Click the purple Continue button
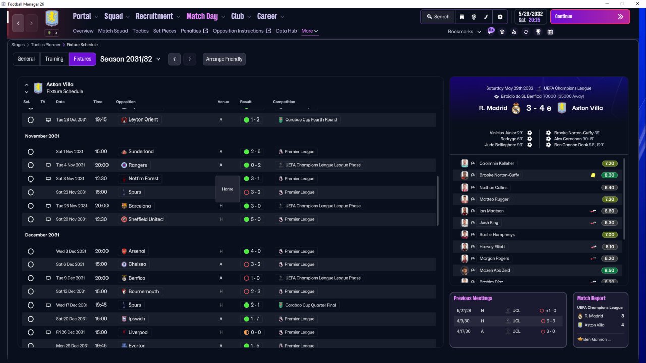[x=590, y=17]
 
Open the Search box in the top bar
[x=438, y=17]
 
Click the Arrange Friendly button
[x=224, y=59]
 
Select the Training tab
[x=54, y=59]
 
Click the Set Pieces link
[x=165, y=31]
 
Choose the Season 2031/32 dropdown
[x=130, y=59]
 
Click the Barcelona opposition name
[x=140, y=206]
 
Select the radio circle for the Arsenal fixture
[x=31, y=251]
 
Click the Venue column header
[x=223, y=102]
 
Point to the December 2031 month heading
[x=42, y=235]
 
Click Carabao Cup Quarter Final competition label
[x=310, y=305]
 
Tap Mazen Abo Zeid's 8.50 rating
[x=609, y=270]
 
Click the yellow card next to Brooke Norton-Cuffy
[x=593, y=175]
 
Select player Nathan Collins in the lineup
[x=493, y=187]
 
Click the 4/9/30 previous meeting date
[x=463, y=321]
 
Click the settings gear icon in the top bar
[x=500, y=17]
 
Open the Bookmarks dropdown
[x=464, y=32]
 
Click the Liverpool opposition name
[x=138, y=332]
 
